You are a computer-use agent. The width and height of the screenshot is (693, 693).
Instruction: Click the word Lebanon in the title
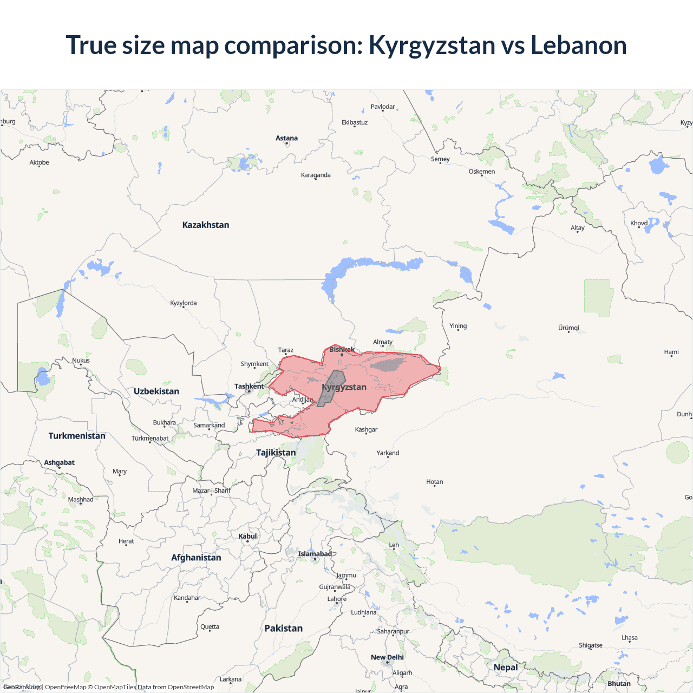pyautogui.click(x=578, y=45)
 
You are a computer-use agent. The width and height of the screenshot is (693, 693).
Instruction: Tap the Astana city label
pyautogui.click(x=286, y=138)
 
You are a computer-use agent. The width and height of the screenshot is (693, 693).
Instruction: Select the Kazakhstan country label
pyautogui.click(x=206, y=225)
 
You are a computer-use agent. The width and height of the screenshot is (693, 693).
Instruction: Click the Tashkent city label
pyautogui.click(x=249, y=386)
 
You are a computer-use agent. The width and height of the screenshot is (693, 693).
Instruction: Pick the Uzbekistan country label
pyautogui.click(x=156, y=391)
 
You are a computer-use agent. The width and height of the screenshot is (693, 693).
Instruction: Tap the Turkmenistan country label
pyautogui.click(x=77, y=436)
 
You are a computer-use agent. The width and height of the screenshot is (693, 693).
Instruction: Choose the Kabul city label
pyautogui.click(x=247, y=536)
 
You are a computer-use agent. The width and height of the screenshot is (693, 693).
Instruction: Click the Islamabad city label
pyautogui.click(x=315, y=553)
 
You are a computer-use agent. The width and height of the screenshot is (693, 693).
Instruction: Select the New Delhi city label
pyautogui.click(x=387, y=657)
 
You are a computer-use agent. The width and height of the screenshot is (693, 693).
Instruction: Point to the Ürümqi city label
pyautogui.click(x=568, y=328)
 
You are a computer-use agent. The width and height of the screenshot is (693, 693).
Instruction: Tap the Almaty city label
pyautogui.click(x=383, y=342)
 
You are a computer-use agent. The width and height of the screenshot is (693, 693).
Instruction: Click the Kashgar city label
pyautogui.click(x=366, y=429)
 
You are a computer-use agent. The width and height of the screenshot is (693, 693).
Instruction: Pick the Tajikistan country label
pyautogui.click(x=276, y=452)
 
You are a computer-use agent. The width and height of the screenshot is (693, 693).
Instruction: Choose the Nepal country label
pyautogui.click(x=506, y=667)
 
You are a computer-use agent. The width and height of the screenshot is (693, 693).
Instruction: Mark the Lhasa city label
pyautogui.click(x=630, y=637)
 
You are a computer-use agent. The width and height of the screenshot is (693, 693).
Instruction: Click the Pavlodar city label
pyautogui.click(x=383, y=107)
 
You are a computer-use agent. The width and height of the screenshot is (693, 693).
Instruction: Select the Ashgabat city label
pyautogui.click(x=60, y=462)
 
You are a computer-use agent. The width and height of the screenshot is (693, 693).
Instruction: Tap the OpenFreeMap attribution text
pyautogui.click(x=66, y=687)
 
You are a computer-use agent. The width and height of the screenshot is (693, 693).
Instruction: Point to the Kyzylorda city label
pyautogui.click(x=184, y=303)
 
